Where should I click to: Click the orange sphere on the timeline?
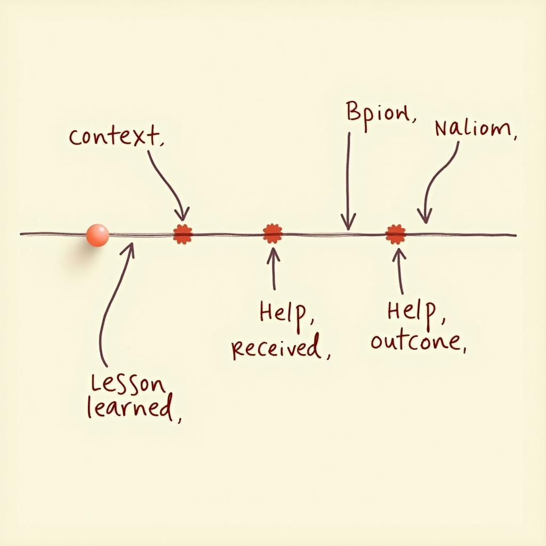[97, 235]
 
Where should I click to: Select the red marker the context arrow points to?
[183, 234]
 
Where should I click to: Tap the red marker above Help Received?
[272, 234]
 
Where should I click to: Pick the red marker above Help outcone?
[396, 234]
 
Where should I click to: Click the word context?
[116, 136]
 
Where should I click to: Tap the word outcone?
[417, 341]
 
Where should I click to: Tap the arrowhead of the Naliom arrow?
[424, 218]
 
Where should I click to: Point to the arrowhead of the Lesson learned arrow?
[130, 246]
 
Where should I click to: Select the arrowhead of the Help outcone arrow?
[398, 252]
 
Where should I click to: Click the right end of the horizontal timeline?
[515, 235]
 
